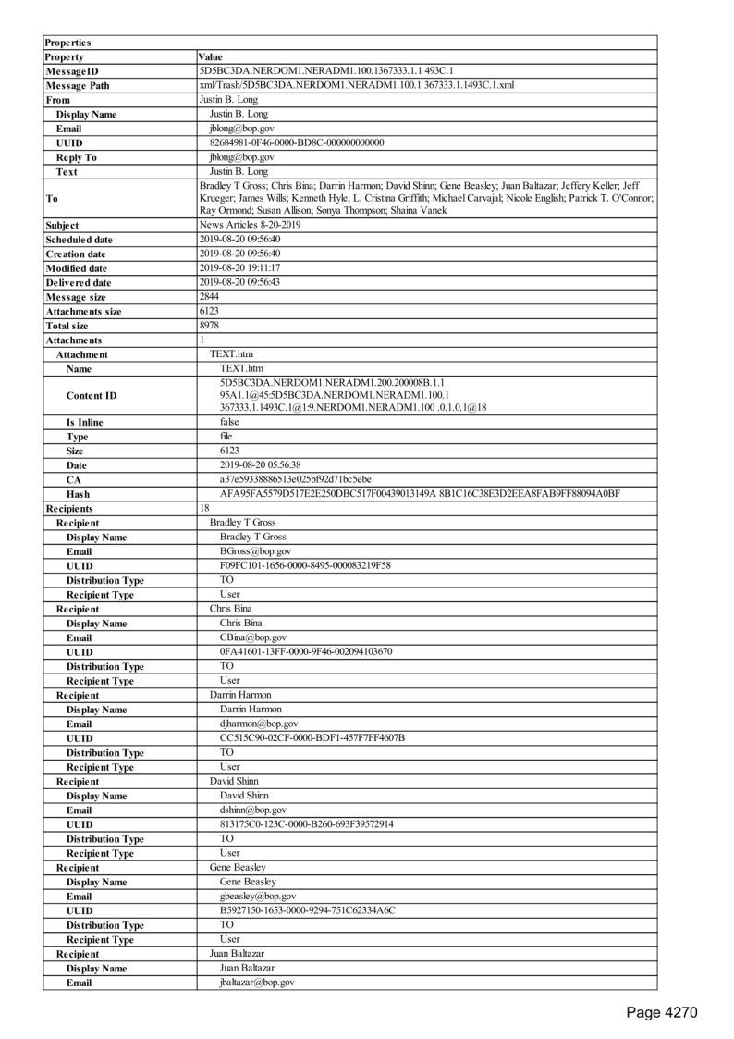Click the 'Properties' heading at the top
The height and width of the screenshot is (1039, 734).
pos(67,43)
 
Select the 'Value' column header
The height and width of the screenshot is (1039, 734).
pos(211,57)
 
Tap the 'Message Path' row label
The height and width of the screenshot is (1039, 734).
pos(77,86)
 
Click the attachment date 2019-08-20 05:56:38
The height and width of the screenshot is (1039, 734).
pos(261,464)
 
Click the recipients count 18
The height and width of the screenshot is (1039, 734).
pos(205,508)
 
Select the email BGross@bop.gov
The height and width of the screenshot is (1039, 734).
pos(255,551)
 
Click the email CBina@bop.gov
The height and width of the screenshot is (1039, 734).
pos(253,637)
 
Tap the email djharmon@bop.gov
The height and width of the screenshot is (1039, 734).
pos(259,724)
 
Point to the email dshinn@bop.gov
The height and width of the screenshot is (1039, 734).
pos(253,810)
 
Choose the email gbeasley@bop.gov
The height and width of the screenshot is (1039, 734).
pos(258,897)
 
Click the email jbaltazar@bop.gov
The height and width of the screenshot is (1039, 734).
pos(257,983)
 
